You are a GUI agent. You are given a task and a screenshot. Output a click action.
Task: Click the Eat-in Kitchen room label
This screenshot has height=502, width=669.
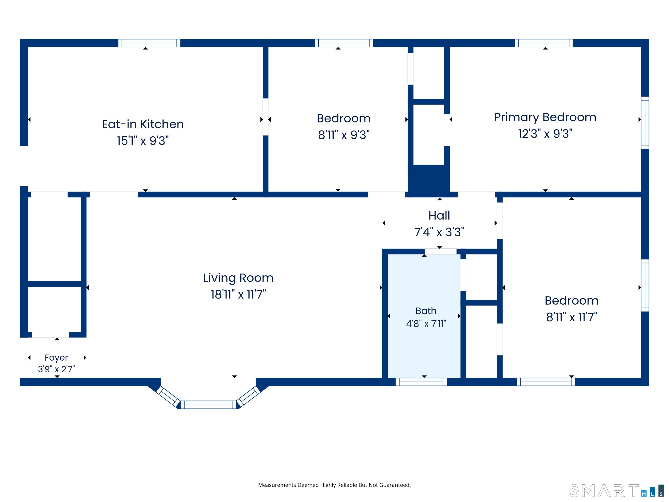tap(143, 124)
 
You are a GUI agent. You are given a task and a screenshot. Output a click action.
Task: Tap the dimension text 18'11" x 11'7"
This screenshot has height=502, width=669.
tap(238, 294)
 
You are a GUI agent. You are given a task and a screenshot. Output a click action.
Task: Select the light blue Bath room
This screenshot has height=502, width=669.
tap(424, 316)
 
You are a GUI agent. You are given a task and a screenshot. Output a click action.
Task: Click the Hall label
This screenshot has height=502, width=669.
tap(439, 215)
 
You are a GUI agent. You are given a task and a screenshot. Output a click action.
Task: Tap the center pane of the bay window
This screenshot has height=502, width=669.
tap(208, 405)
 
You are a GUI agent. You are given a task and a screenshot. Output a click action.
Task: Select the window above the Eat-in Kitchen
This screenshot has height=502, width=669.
tap(149, 43)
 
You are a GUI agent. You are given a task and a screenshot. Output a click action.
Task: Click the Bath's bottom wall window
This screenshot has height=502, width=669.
tap(421, 382)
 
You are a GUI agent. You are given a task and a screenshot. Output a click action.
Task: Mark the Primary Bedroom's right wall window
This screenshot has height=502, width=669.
tap(645, 122)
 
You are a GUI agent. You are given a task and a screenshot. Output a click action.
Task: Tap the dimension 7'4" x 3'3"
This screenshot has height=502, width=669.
tap(439, 232)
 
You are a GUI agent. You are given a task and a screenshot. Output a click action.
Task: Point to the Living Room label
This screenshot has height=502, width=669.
tap(238, 278)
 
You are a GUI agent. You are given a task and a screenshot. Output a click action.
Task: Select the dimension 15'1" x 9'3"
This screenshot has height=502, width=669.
tap(143, 141)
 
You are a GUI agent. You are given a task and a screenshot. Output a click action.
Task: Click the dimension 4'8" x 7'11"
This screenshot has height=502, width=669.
tap(426, 324)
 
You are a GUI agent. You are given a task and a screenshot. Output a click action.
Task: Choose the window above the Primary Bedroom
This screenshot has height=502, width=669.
tap(544, 43)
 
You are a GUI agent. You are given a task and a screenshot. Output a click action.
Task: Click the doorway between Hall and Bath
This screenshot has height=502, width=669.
tap(440, 251)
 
